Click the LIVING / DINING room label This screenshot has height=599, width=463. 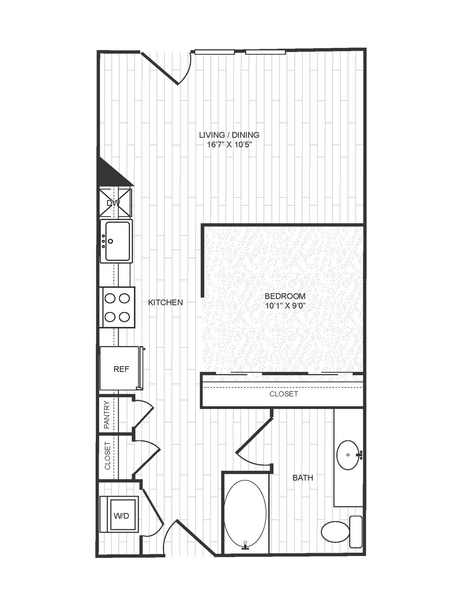[229, 135]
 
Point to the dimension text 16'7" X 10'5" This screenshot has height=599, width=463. [230, 145]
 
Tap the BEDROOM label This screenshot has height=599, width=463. [285, 296]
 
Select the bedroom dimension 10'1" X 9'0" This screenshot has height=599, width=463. [285, 306]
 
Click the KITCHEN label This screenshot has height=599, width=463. [166, 302]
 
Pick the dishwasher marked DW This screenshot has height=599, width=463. [116, 203]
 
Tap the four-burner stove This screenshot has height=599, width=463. [117, 308]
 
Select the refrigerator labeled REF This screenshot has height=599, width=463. [121, 369]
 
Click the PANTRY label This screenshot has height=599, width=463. [107, 415]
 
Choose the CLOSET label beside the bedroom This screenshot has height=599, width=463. [284, 394]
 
